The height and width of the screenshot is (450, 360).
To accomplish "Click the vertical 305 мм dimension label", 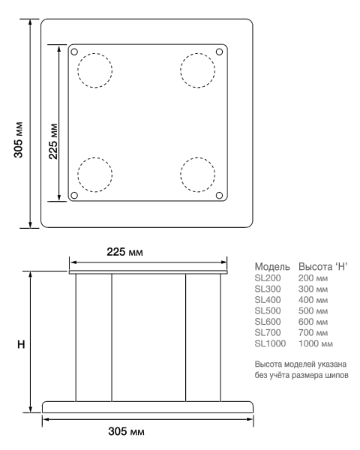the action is (18, 140).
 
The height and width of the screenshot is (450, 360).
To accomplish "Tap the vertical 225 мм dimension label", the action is (53, 141).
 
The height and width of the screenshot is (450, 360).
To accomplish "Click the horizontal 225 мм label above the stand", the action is (125, 252).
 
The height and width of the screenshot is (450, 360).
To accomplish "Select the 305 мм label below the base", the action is (126, 431).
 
